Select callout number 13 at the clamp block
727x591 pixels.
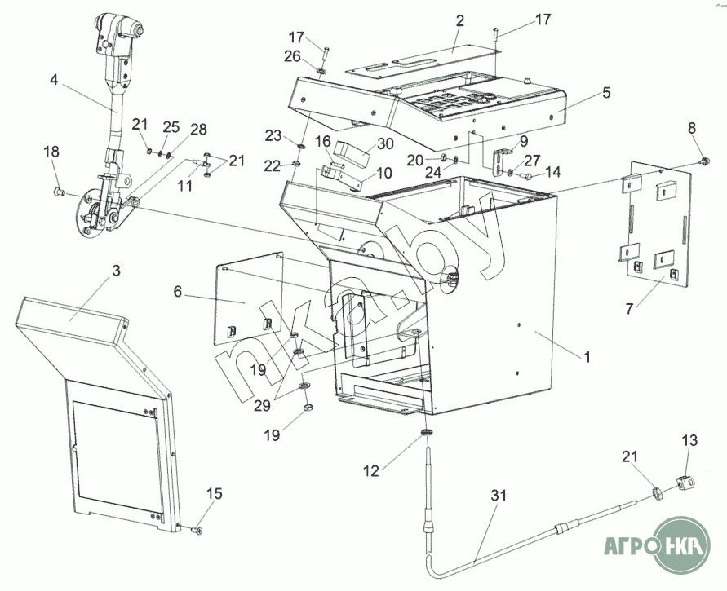click(x=690, y=441)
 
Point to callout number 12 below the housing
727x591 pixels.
click(x=370, y=470)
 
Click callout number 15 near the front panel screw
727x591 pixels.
click(x=215, y=494)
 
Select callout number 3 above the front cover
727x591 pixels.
click(x=115, y=271)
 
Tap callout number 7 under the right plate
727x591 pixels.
click(x=629, y=309)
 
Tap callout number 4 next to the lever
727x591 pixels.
click(x=54, y=81)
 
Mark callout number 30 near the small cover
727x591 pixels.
click(x=385, y=144)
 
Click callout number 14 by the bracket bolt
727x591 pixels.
click(x=552, y=172)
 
